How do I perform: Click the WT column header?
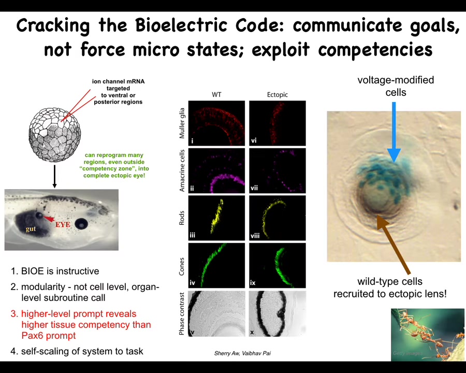(x=216, y=95)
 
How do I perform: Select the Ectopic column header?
(x=278, y=95)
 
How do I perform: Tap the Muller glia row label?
(x=182, y=123)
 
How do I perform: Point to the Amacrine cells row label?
(x=182, y=170)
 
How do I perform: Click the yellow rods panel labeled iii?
(x=216, y=218)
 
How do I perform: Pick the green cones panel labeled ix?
(x=278, y=265)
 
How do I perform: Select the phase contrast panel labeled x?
(x=278, y=313)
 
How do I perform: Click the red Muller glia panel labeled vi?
(x=278, y=123)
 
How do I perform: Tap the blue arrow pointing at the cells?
(x=394, y=132)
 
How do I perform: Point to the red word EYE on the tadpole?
(x=63, y=224)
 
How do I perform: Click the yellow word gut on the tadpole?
(x=31, y=229)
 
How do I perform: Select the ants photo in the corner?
(x=428, y=335)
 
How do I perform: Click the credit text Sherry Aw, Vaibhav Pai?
(x=242, y=353)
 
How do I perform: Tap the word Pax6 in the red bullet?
(x=33, y=336)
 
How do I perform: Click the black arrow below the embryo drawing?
(x=54, y=176)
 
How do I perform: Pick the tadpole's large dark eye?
(x=81, y=224)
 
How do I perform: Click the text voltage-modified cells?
(x=396, y=86)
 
